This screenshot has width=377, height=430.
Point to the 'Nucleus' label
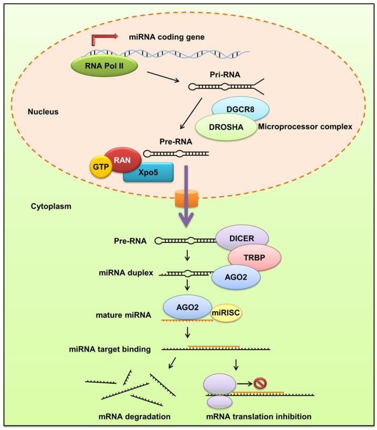pyautogui.click(x=44, y=112)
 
